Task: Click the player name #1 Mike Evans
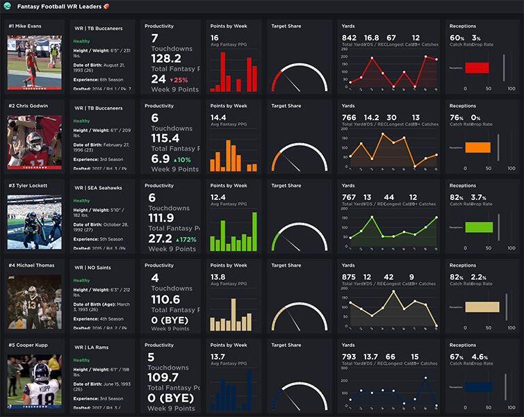coord(27,26)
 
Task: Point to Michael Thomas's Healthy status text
coord(81,280)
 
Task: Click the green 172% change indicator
coord(182,239)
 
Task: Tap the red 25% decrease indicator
coord(179,80)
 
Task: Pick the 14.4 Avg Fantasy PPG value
coord(218,117)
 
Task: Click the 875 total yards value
coord(350,277)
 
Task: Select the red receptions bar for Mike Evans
coord(477,68)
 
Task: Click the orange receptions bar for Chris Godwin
coord(477,147)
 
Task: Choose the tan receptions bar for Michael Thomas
coord(482,306)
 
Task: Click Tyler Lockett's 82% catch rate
coord(457,197)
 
